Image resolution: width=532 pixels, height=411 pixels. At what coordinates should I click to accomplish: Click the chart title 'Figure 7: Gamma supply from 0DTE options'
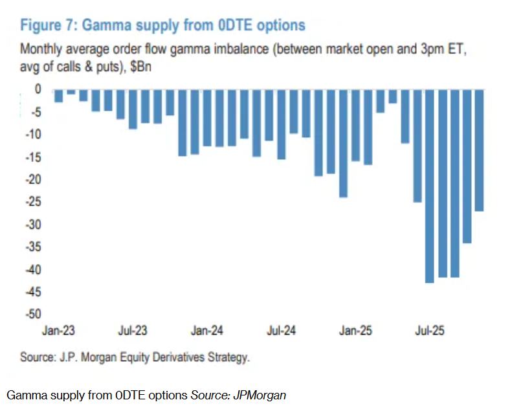coord(162,25)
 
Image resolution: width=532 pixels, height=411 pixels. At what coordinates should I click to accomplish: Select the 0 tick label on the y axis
coord(38,89)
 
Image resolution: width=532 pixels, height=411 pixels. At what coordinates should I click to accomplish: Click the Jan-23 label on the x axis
coord(58,331)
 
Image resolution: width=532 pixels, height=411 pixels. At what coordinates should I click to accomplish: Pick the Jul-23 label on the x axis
coord(133,331)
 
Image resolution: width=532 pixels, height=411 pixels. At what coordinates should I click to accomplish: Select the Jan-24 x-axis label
coord(207,331)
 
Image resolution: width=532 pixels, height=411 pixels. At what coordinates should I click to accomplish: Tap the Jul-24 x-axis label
coord(282,331)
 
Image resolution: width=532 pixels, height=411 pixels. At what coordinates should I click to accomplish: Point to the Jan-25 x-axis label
coord(356,331)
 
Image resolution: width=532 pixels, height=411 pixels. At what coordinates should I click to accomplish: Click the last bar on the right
coord(479,150)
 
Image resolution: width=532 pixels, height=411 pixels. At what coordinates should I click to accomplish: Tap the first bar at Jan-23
coord(58,95)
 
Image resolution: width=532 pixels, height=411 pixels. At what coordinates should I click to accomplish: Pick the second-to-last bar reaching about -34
coord(467,166)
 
